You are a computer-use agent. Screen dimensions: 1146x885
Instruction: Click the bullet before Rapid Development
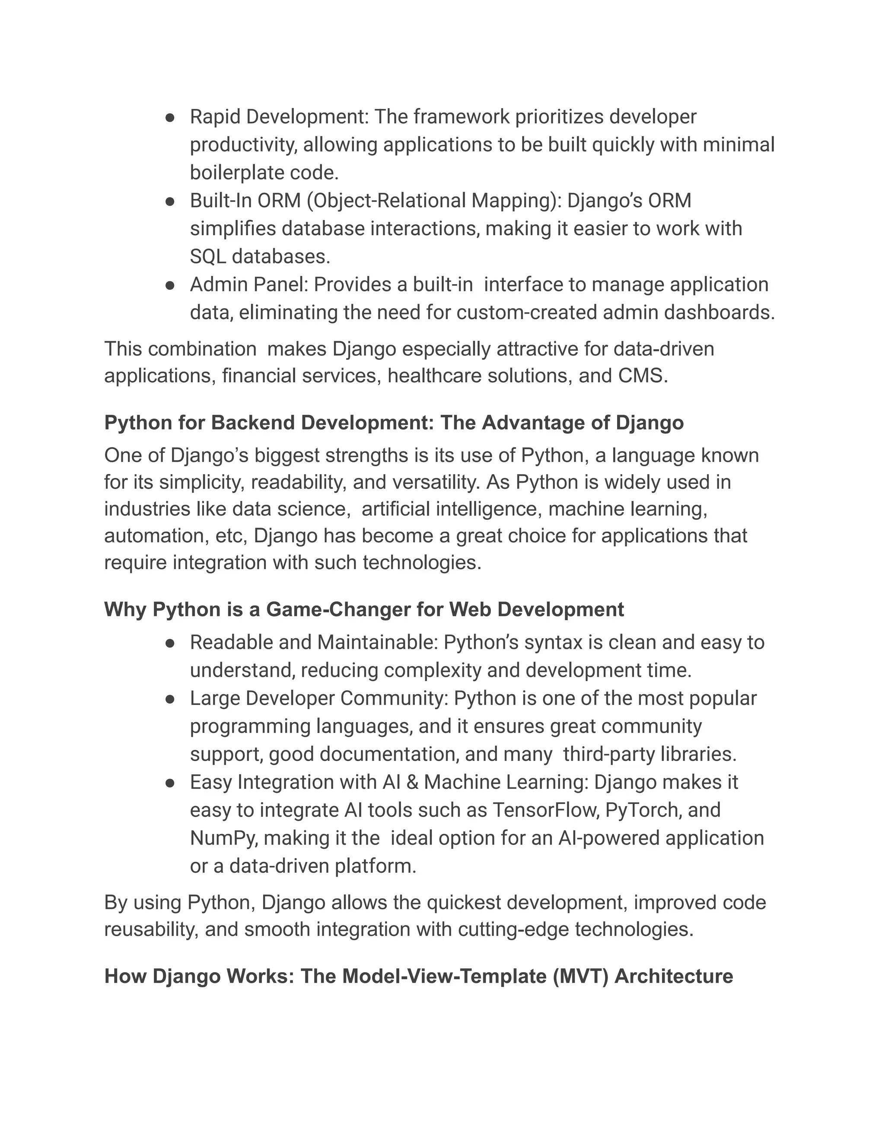click(x=169, y=118)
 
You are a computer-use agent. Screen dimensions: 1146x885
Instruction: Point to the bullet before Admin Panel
click(x=169, y=285)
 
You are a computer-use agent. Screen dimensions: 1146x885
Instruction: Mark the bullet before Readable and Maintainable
click(x=169, y=643)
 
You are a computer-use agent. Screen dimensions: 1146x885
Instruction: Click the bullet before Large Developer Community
click(x=169, y=699)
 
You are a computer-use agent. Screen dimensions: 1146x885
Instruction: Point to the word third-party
click(x=609, y=755)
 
